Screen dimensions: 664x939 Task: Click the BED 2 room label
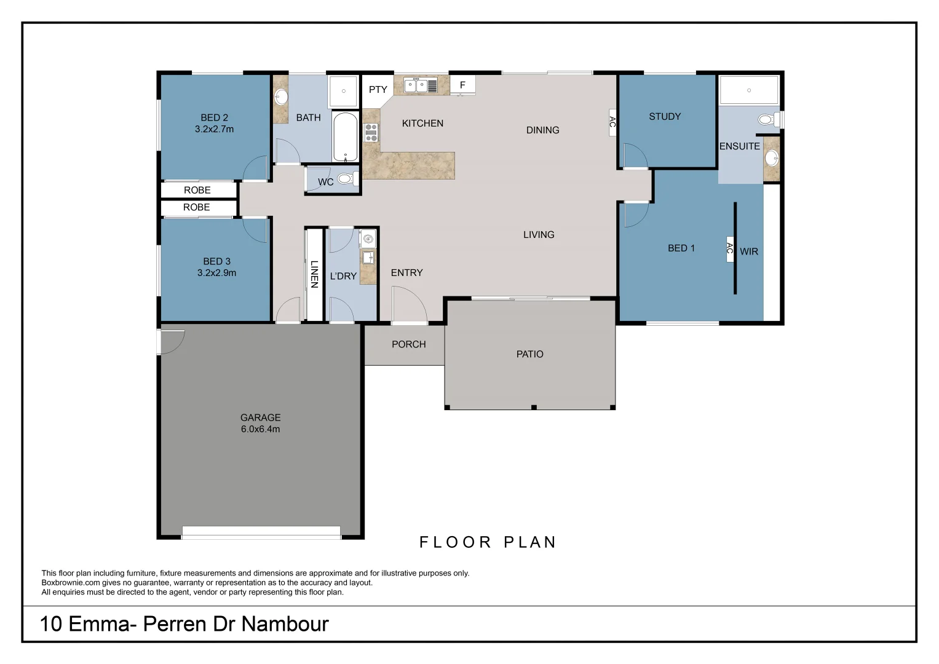coord(214,117)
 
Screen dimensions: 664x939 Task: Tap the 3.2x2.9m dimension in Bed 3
coord(216,273)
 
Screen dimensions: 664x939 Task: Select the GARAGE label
coord(260,417)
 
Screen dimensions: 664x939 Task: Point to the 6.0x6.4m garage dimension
coord(260,429)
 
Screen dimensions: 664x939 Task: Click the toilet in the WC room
coord(346,180)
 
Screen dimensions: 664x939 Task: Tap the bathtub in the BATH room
coord(345,136)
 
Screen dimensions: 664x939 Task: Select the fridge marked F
coord(462,85)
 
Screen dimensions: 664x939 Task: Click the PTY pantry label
coord(378,90)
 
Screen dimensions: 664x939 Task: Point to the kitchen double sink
coord(420,85)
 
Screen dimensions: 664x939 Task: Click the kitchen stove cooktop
coord(371,133)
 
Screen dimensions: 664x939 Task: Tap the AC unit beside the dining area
coord(612,122)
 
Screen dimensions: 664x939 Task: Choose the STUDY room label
coord(665,116)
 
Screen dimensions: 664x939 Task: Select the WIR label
coord(748,251)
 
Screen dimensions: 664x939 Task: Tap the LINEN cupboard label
coord(314,274)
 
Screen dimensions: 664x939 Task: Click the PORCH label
coord(408,344)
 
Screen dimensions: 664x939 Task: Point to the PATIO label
coord(529,354)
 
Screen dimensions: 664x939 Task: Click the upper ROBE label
coord(197,191)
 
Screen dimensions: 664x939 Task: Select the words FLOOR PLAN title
coord(488,542)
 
